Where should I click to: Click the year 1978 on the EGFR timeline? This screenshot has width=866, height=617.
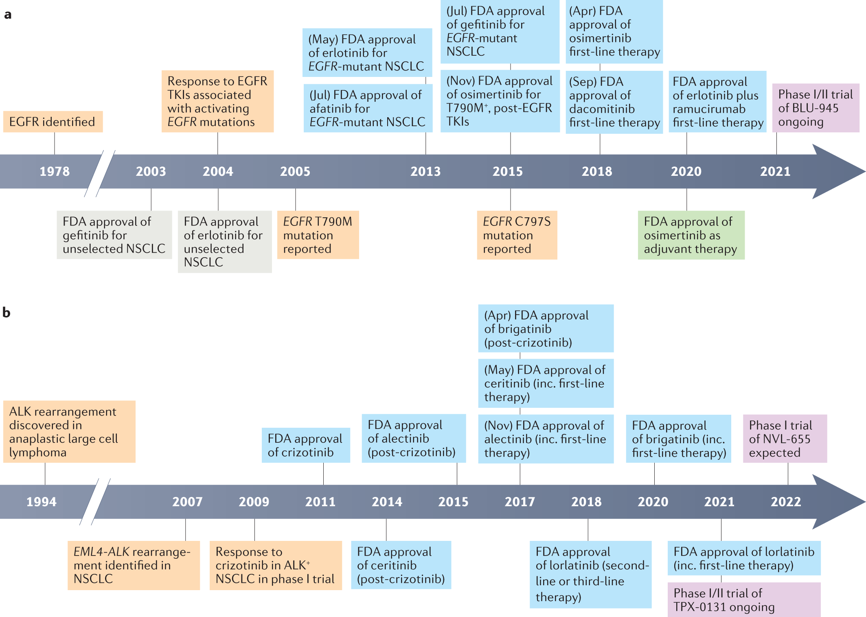pos(55,171)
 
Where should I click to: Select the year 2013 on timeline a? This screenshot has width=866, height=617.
pos(425,171)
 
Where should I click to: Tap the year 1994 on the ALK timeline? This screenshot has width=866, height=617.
pos(42,502)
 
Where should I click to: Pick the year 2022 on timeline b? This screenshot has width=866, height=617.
pos(786,502)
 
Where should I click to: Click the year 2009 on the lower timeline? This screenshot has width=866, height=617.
pos(254,502)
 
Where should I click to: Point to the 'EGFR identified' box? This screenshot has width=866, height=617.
pos(53,122)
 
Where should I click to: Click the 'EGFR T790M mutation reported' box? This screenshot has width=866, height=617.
pos(318,235)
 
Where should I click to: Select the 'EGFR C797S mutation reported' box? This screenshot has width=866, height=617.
pos(517,235)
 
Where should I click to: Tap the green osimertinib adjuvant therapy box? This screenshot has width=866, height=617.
pos(691,235)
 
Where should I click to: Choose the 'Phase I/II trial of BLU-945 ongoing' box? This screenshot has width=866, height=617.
pos(816,108)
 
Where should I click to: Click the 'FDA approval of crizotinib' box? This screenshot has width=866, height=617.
pos(306,445)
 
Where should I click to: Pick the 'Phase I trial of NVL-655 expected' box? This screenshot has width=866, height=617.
pos(785,439)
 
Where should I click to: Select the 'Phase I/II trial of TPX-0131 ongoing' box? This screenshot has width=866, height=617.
pos(744,600)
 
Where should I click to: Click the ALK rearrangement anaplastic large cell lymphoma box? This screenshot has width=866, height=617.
pos(69,431)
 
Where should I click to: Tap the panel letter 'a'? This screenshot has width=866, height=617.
pos(8,15)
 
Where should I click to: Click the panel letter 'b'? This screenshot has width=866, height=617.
pos(7,313)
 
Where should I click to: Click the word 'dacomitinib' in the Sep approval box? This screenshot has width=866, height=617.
pos(602,109)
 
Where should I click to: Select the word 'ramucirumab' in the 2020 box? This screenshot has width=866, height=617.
pos(709,109)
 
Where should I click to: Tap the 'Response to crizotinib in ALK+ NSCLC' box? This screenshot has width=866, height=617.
pos(276,565)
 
